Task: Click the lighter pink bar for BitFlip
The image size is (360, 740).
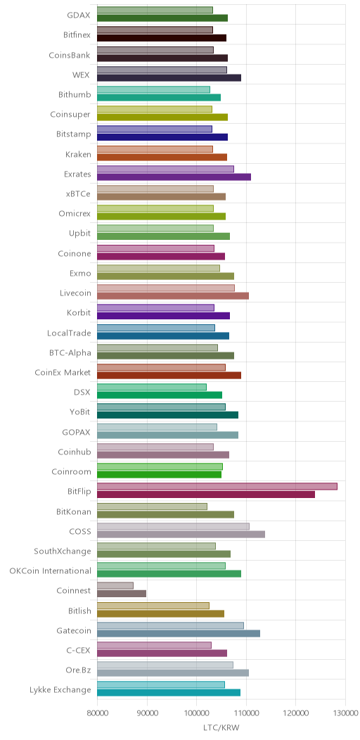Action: pos(217,487)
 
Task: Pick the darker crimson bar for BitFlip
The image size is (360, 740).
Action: pos(206,494)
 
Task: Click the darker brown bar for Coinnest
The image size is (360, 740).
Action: pos(122,593)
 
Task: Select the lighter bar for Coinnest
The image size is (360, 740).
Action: pos(115,586)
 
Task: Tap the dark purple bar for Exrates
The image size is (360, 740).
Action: pos(174,177)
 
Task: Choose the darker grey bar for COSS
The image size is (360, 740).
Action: pos(181,534)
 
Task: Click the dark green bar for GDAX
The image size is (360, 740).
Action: pos(162,18)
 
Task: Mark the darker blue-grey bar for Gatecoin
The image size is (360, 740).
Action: pos(179,633)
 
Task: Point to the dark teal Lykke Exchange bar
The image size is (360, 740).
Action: pos(169,693)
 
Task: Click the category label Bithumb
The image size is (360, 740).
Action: pos(75,94)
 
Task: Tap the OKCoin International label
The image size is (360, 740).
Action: pos(51,570)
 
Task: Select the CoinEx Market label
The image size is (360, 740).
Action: pos(63,372)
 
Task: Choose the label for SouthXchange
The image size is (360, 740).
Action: pos(63,551)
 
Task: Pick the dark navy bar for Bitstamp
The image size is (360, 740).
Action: pos(162,137)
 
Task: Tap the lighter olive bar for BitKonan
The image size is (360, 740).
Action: pos(152,506)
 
